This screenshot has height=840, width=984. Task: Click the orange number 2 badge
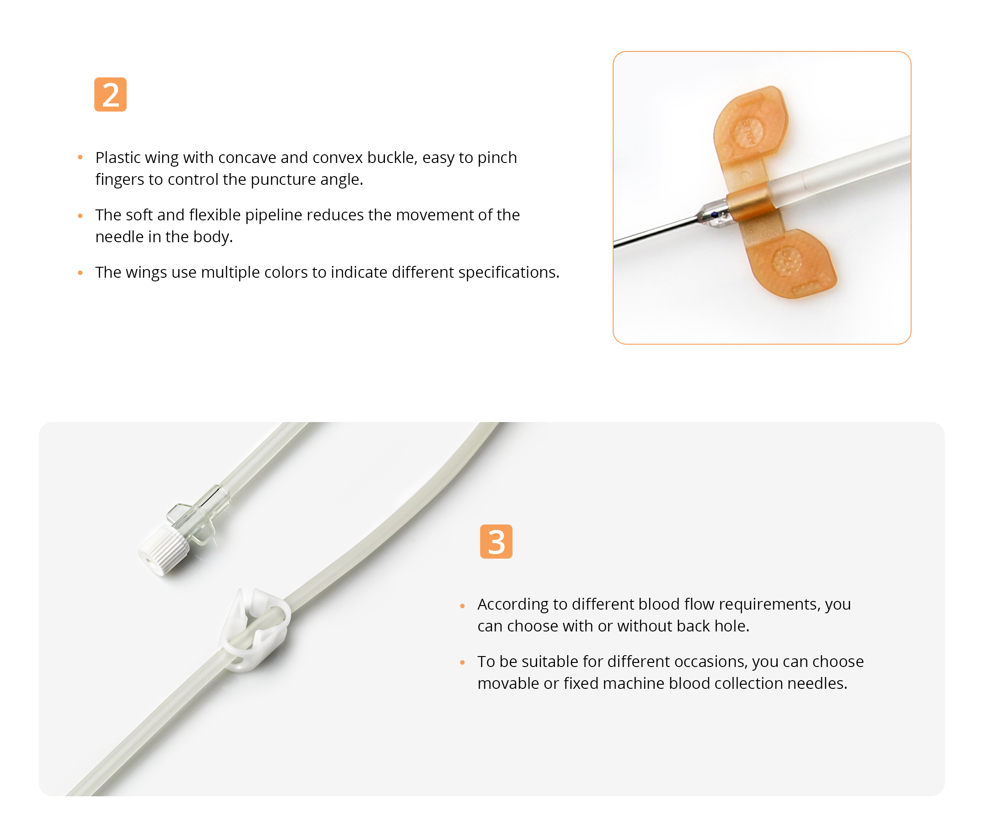(110, 94)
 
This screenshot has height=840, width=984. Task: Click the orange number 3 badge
(496, 541)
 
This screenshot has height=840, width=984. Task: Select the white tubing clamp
(254, 629)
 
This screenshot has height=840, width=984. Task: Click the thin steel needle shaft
(656, 233)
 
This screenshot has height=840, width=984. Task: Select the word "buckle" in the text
(392, 158)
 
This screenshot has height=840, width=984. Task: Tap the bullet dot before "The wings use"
(80, 273)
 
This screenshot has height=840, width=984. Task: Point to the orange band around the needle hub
(749, 205)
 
